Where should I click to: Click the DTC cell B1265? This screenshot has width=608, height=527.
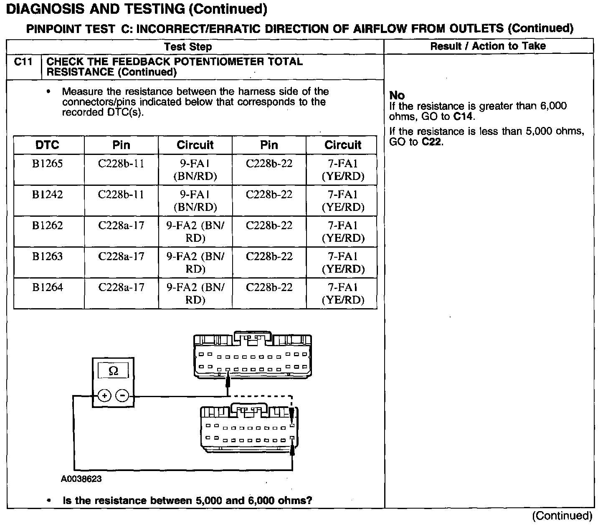[48, 164]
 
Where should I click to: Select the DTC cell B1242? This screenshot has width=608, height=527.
[48, 195]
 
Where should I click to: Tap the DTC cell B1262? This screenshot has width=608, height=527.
[48, 226]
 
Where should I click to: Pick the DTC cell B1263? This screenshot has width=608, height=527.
[48, 257]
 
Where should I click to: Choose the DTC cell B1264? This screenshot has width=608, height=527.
[48, 288]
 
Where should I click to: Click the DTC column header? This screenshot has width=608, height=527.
[48, 145]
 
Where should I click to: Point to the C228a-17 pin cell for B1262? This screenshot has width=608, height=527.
[121, 226]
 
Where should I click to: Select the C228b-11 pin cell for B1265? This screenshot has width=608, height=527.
[121, 164]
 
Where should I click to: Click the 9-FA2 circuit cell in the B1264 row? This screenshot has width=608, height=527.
[195, 293]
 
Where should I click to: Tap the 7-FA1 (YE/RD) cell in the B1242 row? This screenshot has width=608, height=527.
[343, 201]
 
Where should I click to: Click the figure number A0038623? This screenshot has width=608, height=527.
[81, 479]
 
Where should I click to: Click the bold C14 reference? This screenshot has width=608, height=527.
[464, 117]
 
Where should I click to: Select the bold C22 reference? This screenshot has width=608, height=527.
[432, 142]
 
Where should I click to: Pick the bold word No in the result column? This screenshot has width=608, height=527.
[397, 96]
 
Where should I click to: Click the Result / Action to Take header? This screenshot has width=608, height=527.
[488, 46]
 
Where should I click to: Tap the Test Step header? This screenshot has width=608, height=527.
[188, 47]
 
